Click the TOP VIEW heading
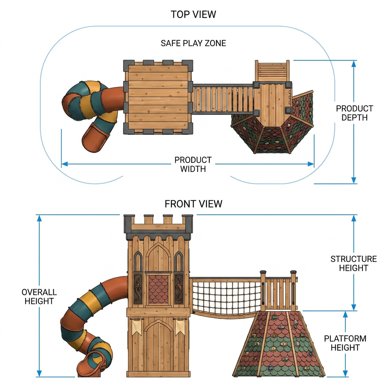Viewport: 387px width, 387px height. click(193, 14)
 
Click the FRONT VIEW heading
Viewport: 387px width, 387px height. click(193, 204)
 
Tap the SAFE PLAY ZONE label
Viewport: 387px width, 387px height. click(193, 43)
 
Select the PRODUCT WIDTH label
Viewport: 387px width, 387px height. click(193, 164)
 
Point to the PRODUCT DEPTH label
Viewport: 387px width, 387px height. click(354, 113)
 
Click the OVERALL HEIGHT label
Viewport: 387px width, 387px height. click(39, 297)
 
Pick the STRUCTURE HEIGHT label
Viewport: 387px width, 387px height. click(353, 263)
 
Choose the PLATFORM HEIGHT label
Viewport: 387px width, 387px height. click(345, 343)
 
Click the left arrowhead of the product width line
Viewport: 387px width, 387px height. click(65, 164)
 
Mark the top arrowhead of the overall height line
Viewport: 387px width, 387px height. click(39, 218)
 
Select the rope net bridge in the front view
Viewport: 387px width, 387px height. click(226, 297)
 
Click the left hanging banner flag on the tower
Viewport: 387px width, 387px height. click(136, 327)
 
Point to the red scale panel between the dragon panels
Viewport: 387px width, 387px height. click(158, 289)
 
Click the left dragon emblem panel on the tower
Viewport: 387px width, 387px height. click(138, 288)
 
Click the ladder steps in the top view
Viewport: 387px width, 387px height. click(272, 71)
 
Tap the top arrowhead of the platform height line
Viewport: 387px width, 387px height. click(345, 314)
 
